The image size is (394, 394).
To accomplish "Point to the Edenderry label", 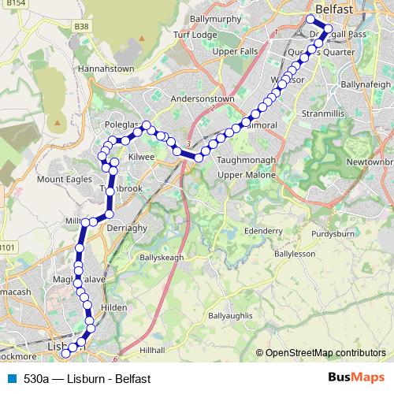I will click(263, 230).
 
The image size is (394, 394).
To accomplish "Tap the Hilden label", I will click(114, 308).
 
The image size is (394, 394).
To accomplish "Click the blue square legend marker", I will click(12, 377).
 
